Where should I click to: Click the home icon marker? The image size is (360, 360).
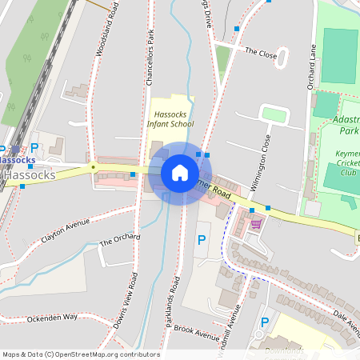[x=180, y=173]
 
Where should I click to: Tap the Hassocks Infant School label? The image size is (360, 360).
[x=171, y=119]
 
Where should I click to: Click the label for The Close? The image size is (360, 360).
[x=260, y=53]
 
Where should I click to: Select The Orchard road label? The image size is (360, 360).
[x=120, y=240]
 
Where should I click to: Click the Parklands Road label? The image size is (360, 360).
[x=177, y=304]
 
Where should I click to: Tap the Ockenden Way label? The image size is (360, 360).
[x=52, y=317]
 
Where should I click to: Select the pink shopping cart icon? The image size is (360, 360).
[x=256, y=224]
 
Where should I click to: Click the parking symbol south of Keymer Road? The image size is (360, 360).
[x=202, y=240]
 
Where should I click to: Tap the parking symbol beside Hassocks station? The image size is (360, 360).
[x=34, y=147]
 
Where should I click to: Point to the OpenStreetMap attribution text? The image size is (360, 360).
[x=80, y=354]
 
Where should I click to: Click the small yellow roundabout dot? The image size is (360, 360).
[x=94, y=167]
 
